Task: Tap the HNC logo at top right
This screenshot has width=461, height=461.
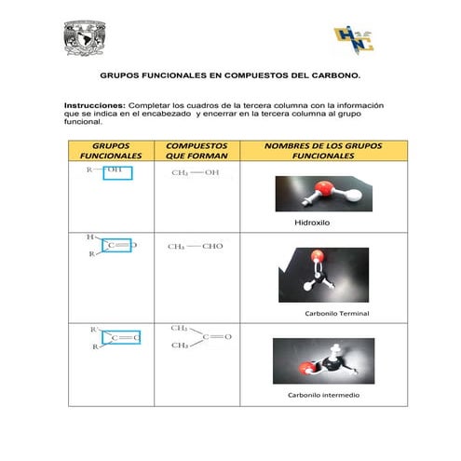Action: [354, 39]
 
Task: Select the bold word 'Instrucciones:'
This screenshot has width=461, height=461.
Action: [94, 106]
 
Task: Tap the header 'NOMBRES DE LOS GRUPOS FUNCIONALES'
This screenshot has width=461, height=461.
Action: [323, 151]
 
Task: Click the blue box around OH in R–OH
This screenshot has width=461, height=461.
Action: [116, 172]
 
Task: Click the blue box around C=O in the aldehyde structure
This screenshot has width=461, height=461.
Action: [119, 246]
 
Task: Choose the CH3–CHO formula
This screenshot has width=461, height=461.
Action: [196, 247]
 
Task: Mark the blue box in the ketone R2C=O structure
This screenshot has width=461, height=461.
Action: [121, 337]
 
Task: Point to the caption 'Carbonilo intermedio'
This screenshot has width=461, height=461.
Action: [323, 395]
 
